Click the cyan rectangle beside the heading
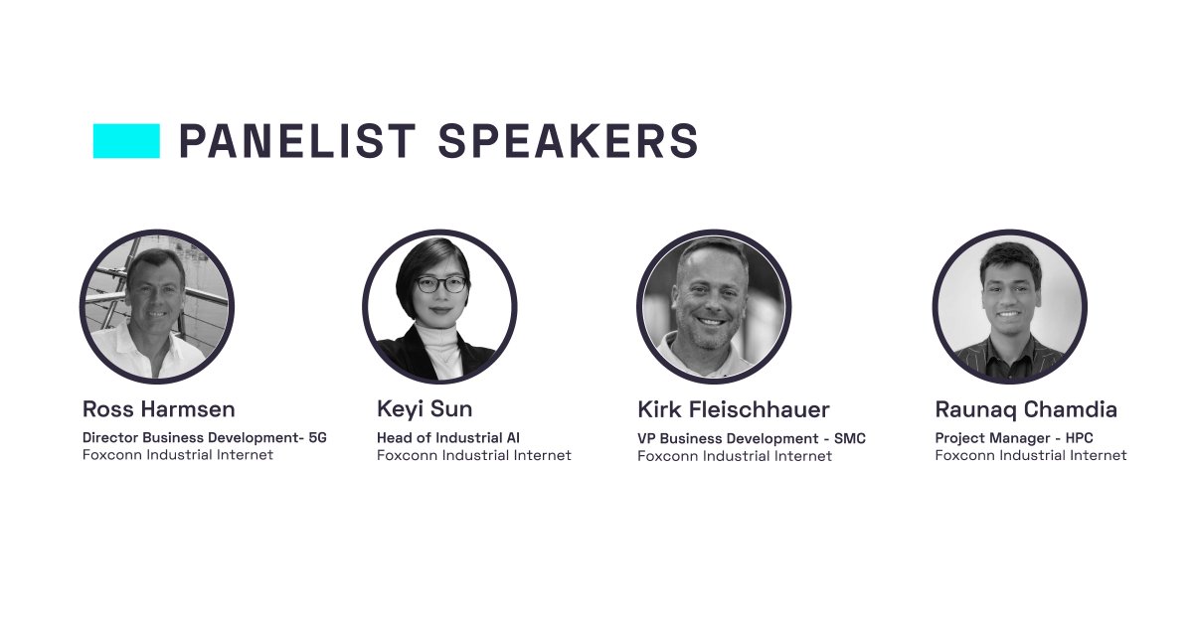coord(126,141)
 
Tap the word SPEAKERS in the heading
coord(568,141)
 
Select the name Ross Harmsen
coord(158,409)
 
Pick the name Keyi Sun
coord(425,409)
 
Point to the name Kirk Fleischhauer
coord(733,409)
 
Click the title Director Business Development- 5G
coord(204,437)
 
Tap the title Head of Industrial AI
coord(448,437)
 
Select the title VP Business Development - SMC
coord(752,438)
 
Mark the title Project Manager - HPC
coord(1014,437)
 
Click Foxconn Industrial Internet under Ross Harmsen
coord(177,455)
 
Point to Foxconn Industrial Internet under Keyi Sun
coord(473,455)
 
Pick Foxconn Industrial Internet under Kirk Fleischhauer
coord(735,456)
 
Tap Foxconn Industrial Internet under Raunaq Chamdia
coord(1031,455)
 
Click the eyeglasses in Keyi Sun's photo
coord(440,284)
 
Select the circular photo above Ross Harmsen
coord(156,307)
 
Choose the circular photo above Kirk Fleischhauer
coord(714,307)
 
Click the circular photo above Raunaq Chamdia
coord(1009,307)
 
